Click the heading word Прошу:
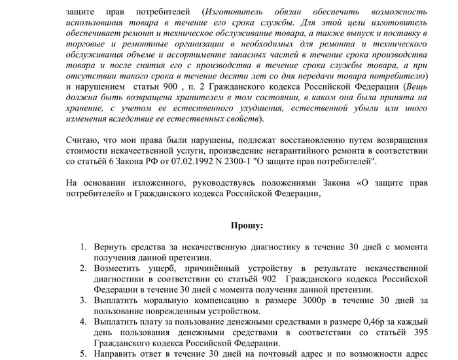click(247, 225)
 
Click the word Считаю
click(82, 139)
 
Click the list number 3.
click(84, 300)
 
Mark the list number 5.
click(84, 354)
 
